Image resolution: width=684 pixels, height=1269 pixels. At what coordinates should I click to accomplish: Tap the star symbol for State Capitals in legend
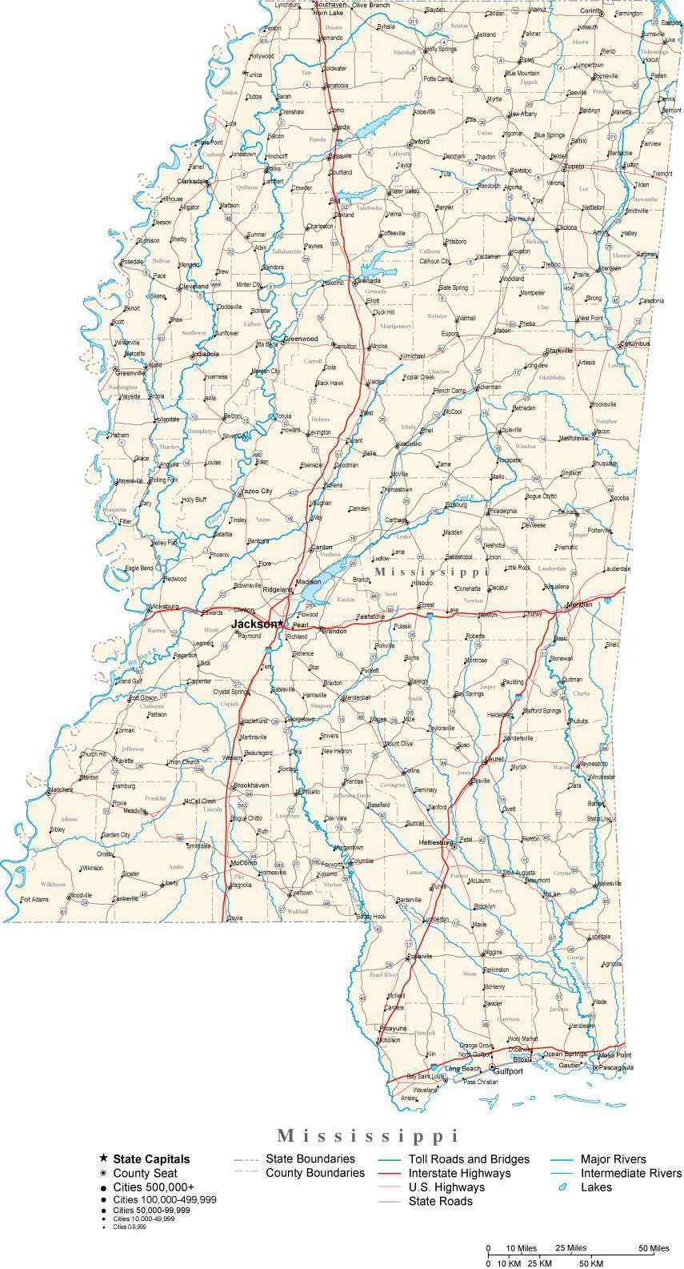pos(104,1159)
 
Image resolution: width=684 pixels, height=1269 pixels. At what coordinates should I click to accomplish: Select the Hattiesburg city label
pos(437,842)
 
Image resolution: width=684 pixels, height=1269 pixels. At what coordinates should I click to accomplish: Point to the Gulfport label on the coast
pos(509,1070)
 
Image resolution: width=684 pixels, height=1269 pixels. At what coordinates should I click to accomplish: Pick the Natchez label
pos(60,790)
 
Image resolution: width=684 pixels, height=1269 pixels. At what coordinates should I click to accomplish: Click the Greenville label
pos(130,372)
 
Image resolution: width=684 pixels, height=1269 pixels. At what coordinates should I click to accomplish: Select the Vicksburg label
pos(164,606)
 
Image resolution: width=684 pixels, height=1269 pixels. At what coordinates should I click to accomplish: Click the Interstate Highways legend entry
pos(459,1173)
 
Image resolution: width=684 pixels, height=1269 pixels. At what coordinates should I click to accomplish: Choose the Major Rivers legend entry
pos(613,1159)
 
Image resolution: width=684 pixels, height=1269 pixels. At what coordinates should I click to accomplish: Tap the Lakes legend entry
pos(596,1187)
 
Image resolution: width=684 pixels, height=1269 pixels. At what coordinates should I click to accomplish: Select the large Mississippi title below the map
pos(368,1135)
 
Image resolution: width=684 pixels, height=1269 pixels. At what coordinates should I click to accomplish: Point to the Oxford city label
pos(420,142)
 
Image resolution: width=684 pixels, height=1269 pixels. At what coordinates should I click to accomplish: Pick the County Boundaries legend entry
pos(314,1173)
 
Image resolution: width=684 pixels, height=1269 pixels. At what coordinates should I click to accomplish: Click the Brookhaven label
pos(251,786)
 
